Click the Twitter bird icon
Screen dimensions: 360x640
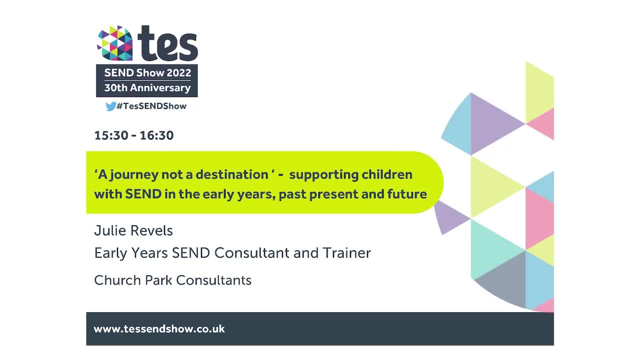pos(110,106)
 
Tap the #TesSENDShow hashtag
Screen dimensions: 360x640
pos(151,106)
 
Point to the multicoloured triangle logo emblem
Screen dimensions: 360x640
pos(115,43)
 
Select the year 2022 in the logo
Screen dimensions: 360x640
pos(179,72)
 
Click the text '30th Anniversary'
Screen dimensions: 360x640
pos(147,88)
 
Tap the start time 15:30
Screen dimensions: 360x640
pos(111,135)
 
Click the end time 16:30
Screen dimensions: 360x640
pos(156,135)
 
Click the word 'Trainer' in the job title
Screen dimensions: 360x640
pos(348,253)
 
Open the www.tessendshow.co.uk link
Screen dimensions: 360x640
pos(159,329)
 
